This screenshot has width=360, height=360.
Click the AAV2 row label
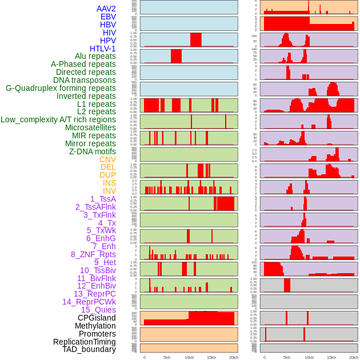coord(106,9)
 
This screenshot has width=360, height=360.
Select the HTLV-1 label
coord(103,49)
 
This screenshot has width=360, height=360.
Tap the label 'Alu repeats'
coord(95,56)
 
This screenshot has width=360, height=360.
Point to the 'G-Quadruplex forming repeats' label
coord(61,88)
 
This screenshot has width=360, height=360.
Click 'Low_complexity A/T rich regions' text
coord(58,119)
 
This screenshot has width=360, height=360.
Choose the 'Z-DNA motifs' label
coord(93,151)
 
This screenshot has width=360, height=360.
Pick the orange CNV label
coord(107,159)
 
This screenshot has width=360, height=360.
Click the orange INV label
coord(109,191)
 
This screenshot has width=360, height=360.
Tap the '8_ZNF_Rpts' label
coord(93,254)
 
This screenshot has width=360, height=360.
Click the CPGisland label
coord(97,318)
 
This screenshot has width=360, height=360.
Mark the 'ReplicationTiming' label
coord(85,342)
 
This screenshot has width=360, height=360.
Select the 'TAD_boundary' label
coord(89,349)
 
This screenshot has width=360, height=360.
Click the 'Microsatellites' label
coord(90,127)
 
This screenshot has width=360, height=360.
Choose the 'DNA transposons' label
coord(85,80)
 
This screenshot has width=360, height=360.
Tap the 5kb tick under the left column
coord(167,357)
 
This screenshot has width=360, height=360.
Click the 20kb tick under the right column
coord(354,357)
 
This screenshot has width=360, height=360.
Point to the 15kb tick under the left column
coord(211,357)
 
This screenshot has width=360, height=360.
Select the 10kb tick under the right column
coord(309,357)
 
